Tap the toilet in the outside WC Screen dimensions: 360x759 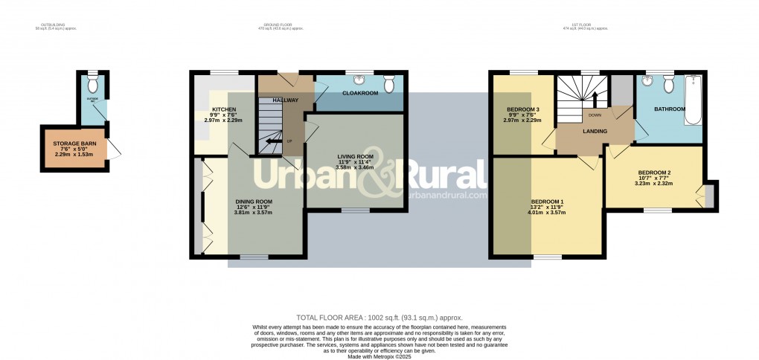coord(93,78)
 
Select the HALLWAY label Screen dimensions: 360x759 coord(285,100)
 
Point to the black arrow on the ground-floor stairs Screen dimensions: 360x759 coord(275,141)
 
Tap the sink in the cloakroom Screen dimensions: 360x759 coord(361,80)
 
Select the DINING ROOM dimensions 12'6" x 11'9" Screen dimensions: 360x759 coord(254,207)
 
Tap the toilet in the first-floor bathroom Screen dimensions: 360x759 coord(669,84)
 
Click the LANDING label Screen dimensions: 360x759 coord(595,132)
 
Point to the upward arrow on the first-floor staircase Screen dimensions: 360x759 coord(595,98)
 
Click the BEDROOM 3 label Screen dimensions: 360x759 coord(522,109)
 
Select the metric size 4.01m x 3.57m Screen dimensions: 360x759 coord(547,213)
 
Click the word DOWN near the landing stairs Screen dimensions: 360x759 coord(595,115)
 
